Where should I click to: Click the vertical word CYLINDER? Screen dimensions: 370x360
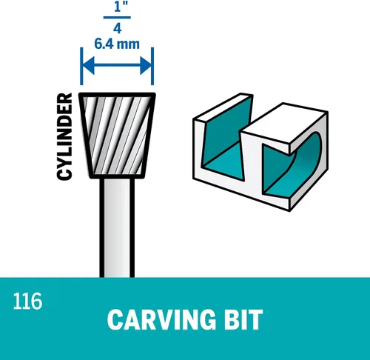(x=64, y=136)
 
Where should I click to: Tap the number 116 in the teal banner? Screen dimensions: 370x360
(x=27, y=301)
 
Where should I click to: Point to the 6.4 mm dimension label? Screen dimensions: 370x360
(x=117, y=44)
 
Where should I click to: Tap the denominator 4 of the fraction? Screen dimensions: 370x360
(x=118, y=28)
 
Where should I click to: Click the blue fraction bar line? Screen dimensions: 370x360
(x=117, y=17)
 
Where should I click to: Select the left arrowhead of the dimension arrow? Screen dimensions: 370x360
(x=89, y=65)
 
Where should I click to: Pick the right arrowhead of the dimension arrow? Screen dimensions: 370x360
(x=146, y=65)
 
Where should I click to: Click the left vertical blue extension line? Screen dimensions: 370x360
(x=81, y=66)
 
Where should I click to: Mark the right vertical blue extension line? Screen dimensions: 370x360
(x=152, y=66)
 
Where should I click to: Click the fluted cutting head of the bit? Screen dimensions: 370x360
(x=117, y=136)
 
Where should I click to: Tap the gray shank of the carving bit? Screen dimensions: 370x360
(x=117, y=227)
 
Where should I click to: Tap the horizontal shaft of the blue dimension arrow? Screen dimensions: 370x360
(x=117, y=65)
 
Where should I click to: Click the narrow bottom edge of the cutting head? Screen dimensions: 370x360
(x=117, y=176)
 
